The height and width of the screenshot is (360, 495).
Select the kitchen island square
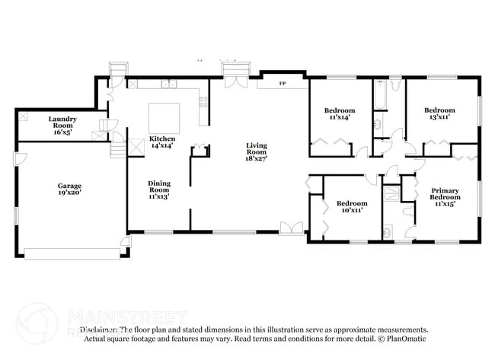coord(164,116)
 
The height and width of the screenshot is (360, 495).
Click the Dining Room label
coord(158,189)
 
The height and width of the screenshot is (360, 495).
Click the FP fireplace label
coord(282,83)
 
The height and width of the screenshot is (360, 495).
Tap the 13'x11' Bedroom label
coord(439,114)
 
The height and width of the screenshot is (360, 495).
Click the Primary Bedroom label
coord(445,196)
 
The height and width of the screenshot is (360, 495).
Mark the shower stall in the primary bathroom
coord(391,193)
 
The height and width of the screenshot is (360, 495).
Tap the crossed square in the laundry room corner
coord(24,117)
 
